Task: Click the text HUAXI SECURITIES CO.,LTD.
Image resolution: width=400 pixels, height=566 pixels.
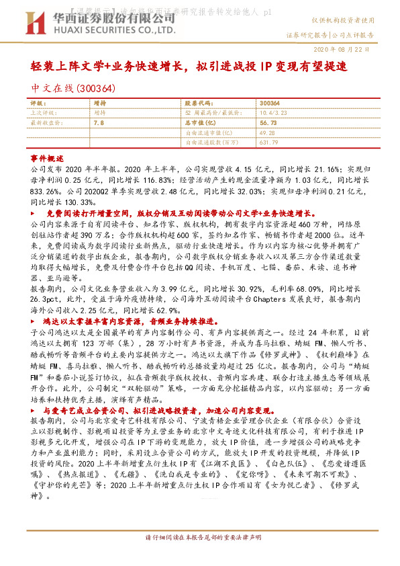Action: pos(104,30)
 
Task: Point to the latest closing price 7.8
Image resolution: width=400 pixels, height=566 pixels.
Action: pos(99,123)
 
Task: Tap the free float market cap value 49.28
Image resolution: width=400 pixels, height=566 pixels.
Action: pos(267,133)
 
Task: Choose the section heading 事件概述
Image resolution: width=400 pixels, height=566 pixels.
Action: pos(48,157)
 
